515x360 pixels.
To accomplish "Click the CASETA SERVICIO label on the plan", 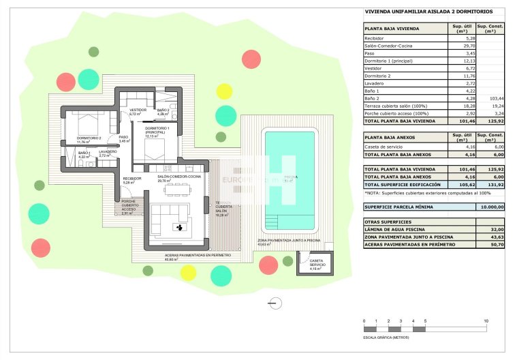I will [315, 262].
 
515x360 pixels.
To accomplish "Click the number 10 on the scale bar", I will [486, 320].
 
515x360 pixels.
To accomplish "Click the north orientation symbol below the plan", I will [275, 303].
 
